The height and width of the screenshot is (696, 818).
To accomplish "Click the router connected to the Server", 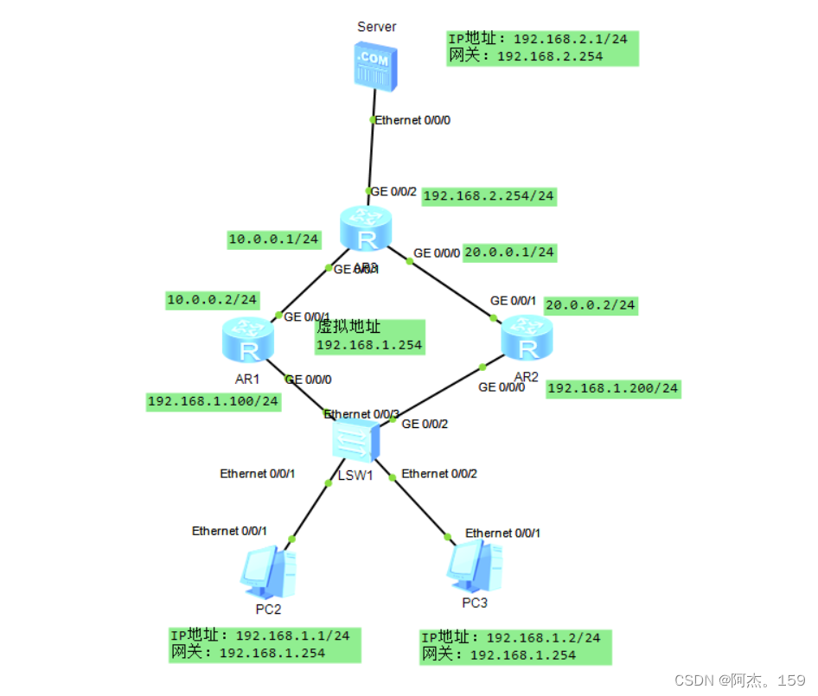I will pos(366,228).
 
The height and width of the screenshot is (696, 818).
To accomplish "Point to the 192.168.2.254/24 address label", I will pos(489,196).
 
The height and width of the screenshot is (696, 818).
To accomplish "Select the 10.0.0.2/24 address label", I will pos(213,300).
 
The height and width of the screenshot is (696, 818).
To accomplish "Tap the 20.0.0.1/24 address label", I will pos(509,252).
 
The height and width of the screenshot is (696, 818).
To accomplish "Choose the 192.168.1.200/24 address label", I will pos(612,388).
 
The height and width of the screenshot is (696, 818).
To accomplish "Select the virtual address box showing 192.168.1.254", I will pos(369,336).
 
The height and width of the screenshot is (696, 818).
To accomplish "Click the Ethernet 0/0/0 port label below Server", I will pos(412,120).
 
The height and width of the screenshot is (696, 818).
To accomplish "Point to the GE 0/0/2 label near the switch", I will pos(425,424).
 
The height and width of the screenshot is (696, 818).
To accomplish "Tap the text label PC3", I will pos(474,603).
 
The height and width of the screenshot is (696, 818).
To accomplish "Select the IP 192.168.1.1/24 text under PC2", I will pos(259,635).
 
